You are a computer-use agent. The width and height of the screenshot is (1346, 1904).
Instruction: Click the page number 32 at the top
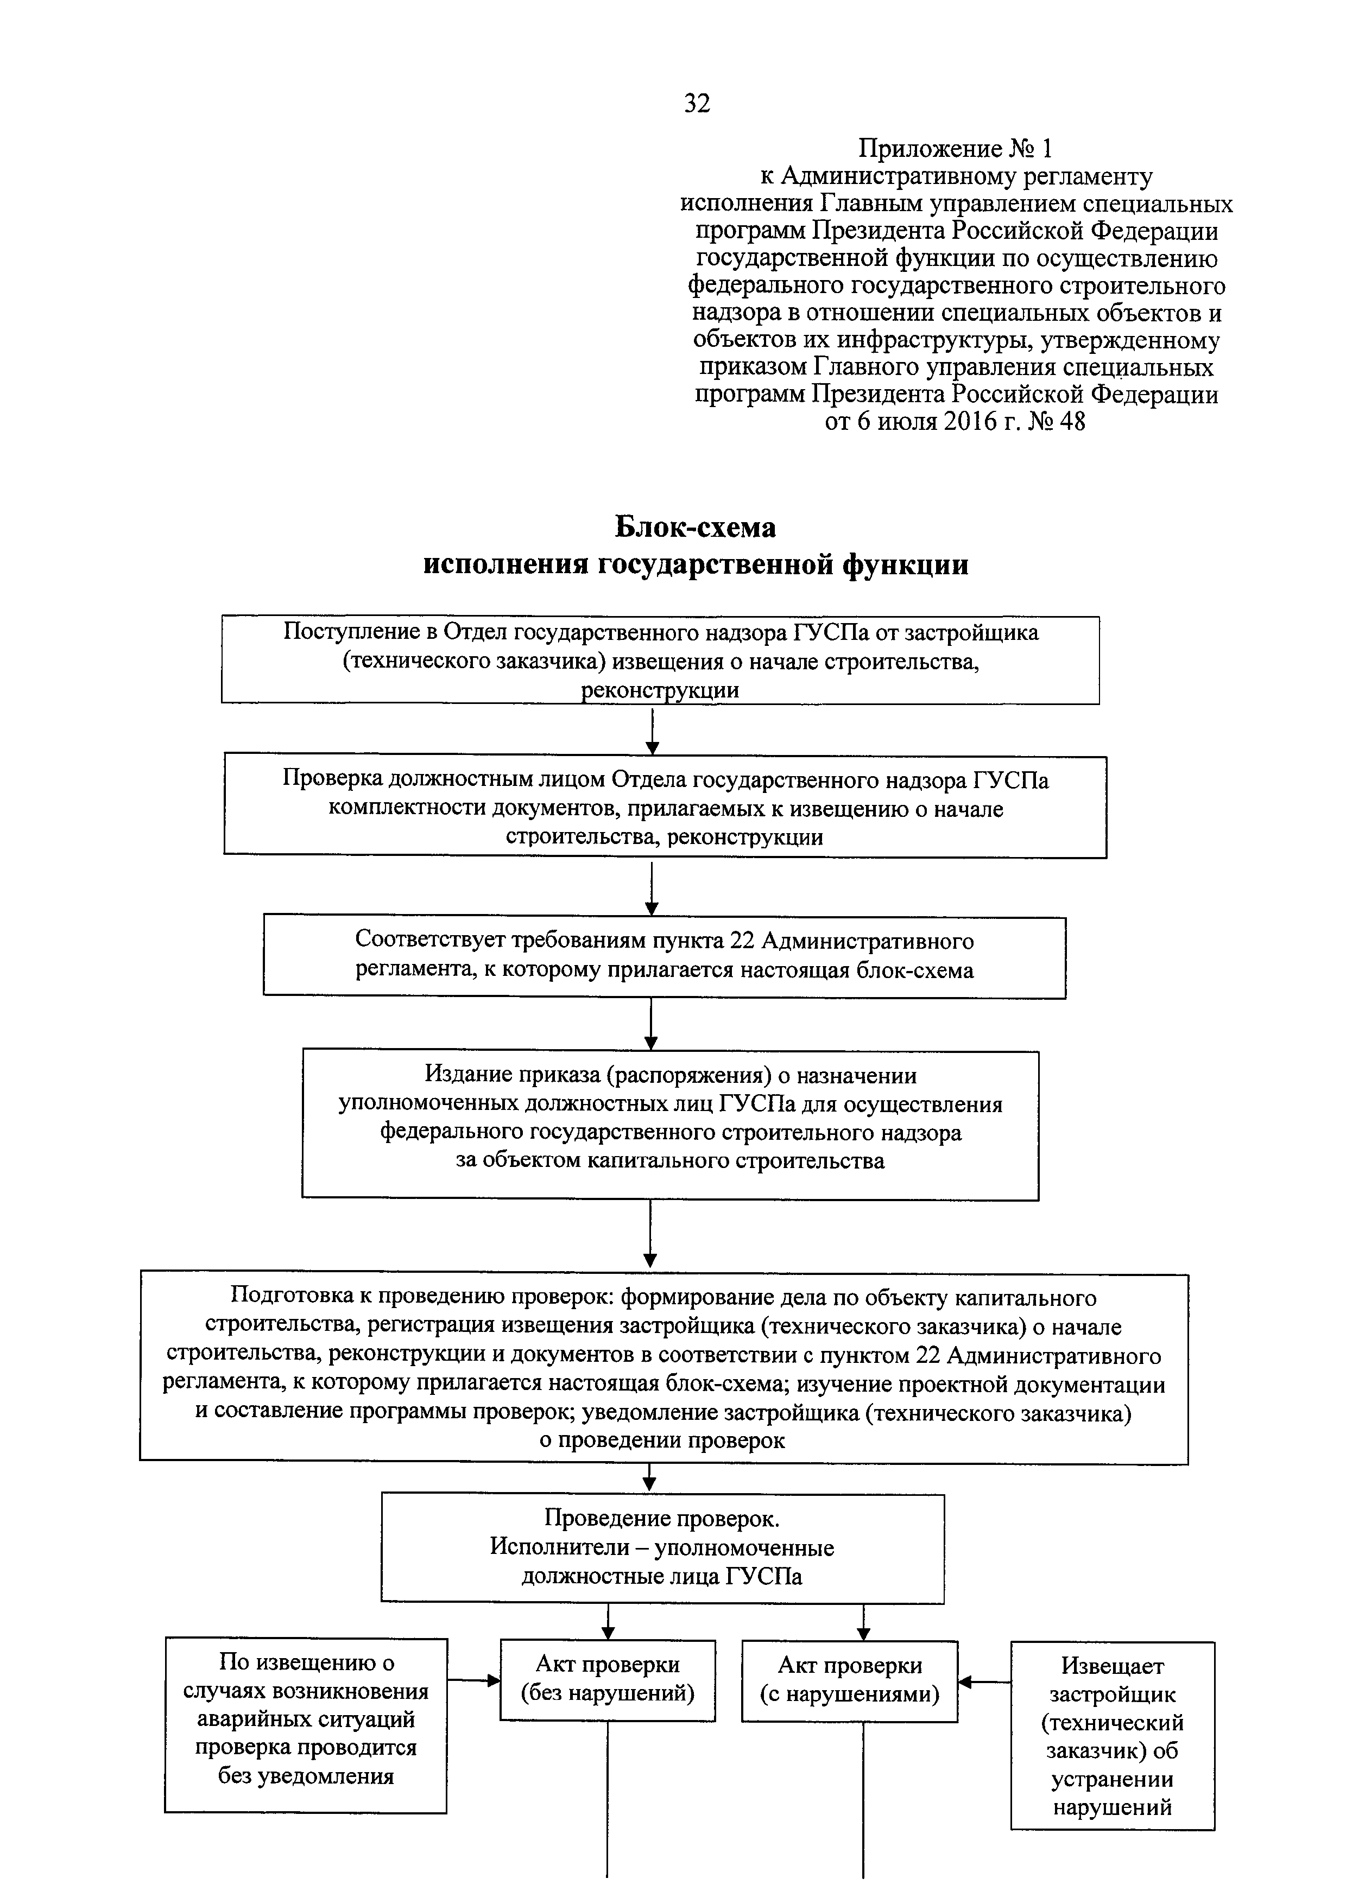697,104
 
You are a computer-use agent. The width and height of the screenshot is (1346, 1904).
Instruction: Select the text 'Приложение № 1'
955,149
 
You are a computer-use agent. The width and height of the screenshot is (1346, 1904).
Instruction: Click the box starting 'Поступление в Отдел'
660,660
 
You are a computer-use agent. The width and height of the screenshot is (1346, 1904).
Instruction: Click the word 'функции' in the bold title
906,564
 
